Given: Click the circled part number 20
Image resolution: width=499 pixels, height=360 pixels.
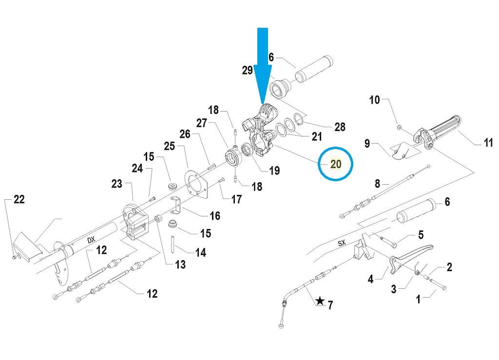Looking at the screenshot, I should (336, 164).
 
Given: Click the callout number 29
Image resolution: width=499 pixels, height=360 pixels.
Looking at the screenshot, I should (248, 70).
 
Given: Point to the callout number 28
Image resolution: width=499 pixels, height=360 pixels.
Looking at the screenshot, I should (340, 127).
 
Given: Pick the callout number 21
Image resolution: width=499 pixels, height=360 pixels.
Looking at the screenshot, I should (317, 137).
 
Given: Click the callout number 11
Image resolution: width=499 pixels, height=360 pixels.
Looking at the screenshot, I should (488, 143).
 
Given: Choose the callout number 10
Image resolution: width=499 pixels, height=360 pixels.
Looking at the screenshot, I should (374, 100).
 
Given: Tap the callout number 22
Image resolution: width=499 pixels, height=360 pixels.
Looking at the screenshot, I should (19, 199).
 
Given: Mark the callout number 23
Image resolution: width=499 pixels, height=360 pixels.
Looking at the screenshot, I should (116, 184).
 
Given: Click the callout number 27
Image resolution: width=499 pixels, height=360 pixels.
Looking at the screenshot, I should (202, 124).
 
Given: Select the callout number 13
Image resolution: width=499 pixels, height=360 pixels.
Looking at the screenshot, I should (180, 265).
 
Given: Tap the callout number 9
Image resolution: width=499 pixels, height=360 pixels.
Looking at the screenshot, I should (367, 143).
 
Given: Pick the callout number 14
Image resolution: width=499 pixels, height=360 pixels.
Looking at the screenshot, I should (200, 252).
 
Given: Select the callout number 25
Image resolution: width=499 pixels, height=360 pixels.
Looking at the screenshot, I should (169, 146).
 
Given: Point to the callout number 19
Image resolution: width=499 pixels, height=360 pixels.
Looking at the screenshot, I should (274, 171).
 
